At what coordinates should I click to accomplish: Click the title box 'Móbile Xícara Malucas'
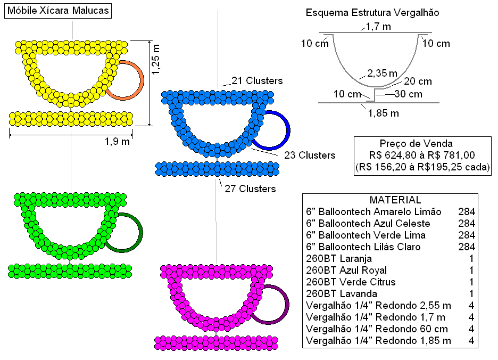(x=58, y=11)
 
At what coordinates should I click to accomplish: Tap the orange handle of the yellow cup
(x=143, y=81)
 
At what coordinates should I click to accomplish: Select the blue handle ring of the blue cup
(x=289, y=130)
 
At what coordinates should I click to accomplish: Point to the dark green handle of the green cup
(x=142, y=233)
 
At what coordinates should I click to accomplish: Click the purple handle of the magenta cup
(x=288, y=305)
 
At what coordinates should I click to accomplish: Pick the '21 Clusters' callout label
(x=257, y=81)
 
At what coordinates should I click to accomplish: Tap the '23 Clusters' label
(x=310, y=155)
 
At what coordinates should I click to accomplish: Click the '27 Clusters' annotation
(x=250, y=189)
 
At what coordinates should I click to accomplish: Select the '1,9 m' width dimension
(x=118, y=141)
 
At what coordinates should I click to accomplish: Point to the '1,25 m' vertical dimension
(x=155, y=60)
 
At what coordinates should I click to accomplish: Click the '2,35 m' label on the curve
(x=383, y=73)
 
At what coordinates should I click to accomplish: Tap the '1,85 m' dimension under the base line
(x=384, y=113)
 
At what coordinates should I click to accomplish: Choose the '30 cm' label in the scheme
(x=409, y=94)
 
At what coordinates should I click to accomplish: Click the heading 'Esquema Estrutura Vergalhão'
(x=372, y=13)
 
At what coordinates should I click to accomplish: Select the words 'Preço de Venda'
(x=416, y=143)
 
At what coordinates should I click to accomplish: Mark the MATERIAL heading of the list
(x=395, y=200)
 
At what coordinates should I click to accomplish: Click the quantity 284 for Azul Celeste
(x=467, y=223)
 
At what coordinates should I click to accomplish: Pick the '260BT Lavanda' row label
(x=342, y=293)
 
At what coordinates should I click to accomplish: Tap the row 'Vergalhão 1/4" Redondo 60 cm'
(x=377, y=329)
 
